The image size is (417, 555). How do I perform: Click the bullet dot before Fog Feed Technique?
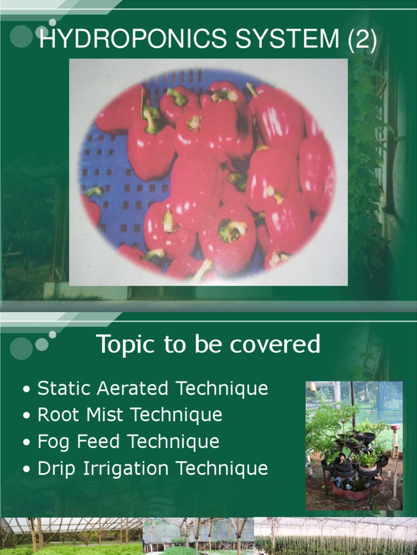point(27,442)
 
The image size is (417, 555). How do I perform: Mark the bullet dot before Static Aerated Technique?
point(27,389)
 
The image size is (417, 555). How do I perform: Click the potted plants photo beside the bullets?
point(354,446)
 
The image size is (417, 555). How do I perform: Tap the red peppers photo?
point(208,172)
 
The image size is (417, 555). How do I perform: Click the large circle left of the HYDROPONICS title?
point(21,37)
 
